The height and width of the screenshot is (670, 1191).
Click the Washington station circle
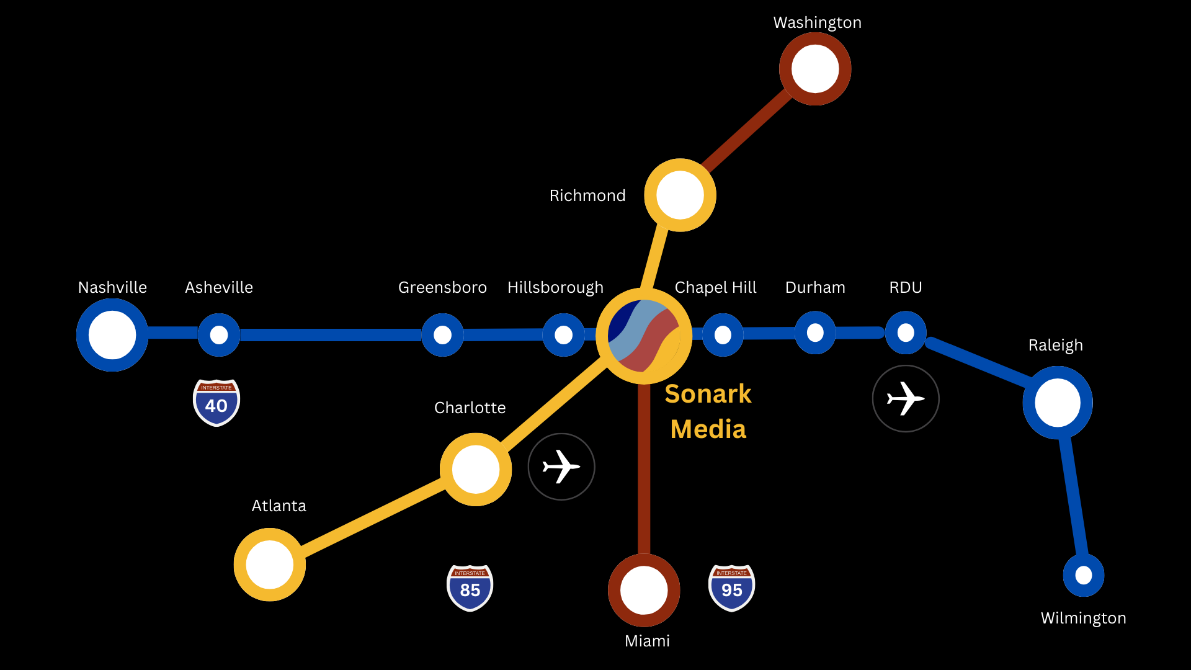815,69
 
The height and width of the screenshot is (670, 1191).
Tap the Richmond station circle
680,195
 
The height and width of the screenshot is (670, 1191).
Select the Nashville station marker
112,335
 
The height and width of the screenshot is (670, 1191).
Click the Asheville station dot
219,335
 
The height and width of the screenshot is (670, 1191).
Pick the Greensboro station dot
442,335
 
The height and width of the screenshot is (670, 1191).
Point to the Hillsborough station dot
563,335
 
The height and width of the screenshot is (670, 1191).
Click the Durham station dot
815,333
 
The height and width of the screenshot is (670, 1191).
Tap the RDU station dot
906,333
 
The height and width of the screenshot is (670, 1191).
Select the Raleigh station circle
1058,403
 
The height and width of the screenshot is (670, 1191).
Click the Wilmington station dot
1084,576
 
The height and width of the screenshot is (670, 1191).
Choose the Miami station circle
644,590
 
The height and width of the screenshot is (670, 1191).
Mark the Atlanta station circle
270,565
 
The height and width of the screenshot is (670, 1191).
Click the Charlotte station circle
476,470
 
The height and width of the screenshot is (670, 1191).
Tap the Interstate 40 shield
216,403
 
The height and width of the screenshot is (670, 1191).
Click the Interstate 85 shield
470,587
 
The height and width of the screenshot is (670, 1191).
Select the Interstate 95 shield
732,587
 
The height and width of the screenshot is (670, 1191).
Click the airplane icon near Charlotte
561,467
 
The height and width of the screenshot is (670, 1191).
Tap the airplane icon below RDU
906,398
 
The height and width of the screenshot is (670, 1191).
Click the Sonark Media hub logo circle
644,336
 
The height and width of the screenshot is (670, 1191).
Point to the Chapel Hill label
715,287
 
